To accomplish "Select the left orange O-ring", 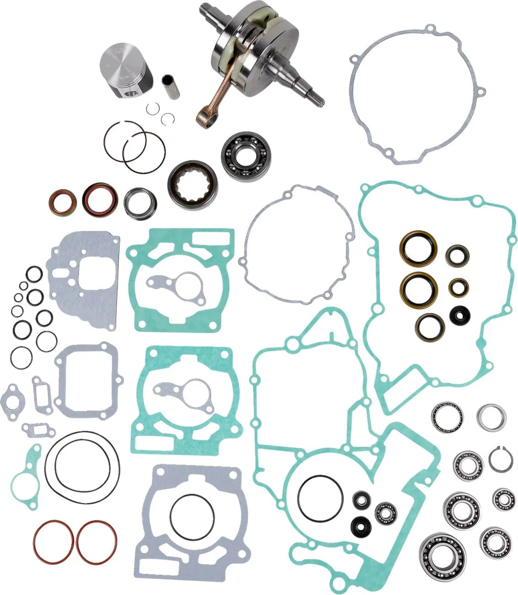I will (x=53, y=542).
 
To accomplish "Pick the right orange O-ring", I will (x=97, y=542).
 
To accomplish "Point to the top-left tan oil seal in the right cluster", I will (x=418, y=249).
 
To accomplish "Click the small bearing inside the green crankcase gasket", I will (x=385, y=513).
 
